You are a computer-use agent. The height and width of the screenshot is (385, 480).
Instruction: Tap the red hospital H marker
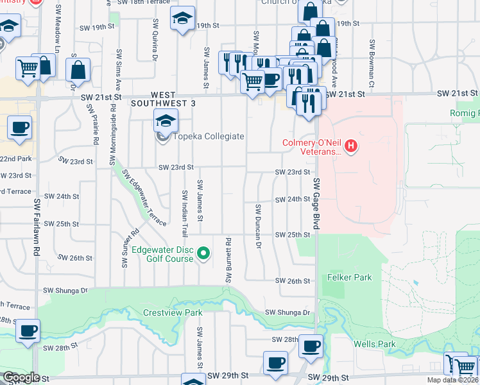350,147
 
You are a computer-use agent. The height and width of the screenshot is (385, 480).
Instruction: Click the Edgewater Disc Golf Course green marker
203,254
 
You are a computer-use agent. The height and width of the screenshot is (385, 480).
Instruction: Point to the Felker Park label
349,278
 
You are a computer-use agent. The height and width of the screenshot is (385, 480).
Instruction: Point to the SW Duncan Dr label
258,226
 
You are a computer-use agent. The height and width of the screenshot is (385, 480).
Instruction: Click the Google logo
21,377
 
